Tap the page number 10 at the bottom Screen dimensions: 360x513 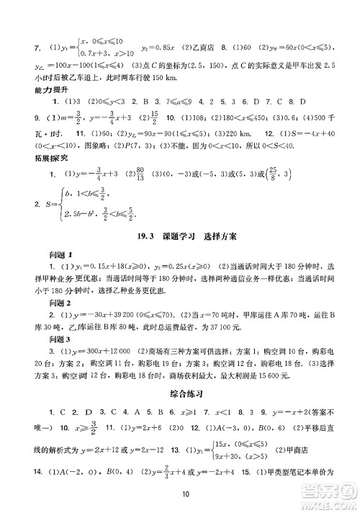pyautogui.click(x=185, y=494)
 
